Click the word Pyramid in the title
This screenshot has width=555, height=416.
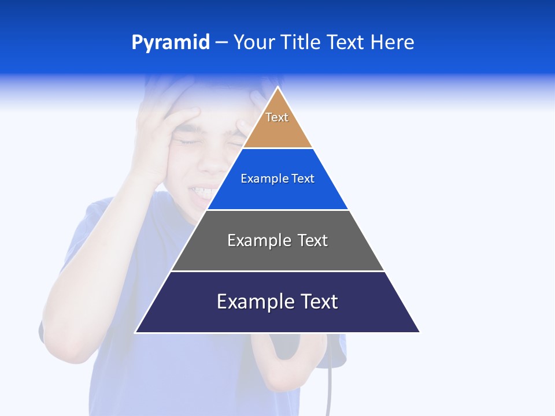tap(170, 43)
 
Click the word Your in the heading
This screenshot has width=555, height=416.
tap(253, 43)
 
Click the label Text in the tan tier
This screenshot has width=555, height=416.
tap(277, 117)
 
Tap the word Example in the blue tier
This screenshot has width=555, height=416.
tap(259, 179)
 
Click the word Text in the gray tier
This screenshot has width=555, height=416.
tap(313, 240)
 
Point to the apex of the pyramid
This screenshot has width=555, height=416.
tap(278, 88)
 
